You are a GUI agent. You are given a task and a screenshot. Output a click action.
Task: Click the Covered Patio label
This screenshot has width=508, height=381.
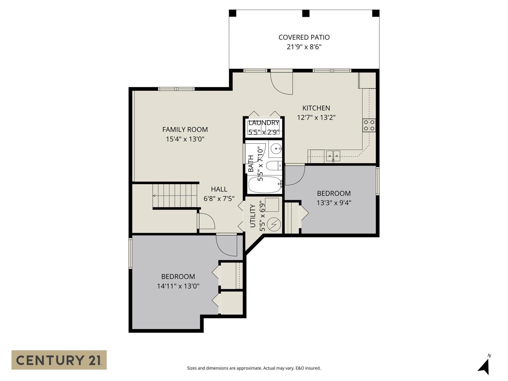click(304, 37)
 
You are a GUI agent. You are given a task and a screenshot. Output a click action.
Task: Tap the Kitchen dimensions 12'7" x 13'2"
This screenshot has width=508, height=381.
click(316, 118)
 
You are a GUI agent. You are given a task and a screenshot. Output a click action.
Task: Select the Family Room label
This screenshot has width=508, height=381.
click(185, 130)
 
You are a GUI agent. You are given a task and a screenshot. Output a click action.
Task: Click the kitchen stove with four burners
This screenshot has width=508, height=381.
click(369, 125)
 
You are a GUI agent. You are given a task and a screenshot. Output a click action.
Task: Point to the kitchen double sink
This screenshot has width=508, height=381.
click(333, 155)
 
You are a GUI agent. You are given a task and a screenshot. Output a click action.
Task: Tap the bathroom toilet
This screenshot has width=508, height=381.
click(274, 166)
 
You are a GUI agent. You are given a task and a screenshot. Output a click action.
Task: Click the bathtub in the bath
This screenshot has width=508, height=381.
click(265, 185)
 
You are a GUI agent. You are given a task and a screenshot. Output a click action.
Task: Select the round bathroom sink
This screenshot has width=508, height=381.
click(276, 147)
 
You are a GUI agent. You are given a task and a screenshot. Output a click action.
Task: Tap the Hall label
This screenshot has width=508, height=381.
click(219, 189)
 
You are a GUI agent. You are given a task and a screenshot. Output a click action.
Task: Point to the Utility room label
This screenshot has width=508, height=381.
click(253, 216)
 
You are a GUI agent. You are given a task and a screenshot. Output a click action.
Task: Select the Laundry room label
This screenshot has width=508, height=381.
click(264, 123)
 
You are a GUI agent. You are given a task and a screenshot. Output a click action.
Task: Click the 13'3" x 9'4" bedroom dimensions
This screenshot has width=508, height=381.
click(334, 203)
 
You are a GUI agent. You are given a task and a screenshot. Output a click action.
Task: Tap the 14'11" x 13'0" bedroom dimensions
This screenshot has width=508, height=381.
click(178, 286)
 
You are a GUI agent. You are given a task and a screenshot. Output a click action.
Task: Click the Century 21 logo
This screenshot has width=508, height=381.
click(59, 360)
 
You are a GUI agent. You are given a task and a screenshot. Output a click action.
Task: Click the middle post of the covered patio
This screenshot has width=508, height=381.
click(306, 13)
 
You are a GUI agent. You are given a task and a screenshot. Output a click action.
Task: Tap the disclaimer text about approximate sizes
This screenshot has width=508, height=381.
click(254, 368)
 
